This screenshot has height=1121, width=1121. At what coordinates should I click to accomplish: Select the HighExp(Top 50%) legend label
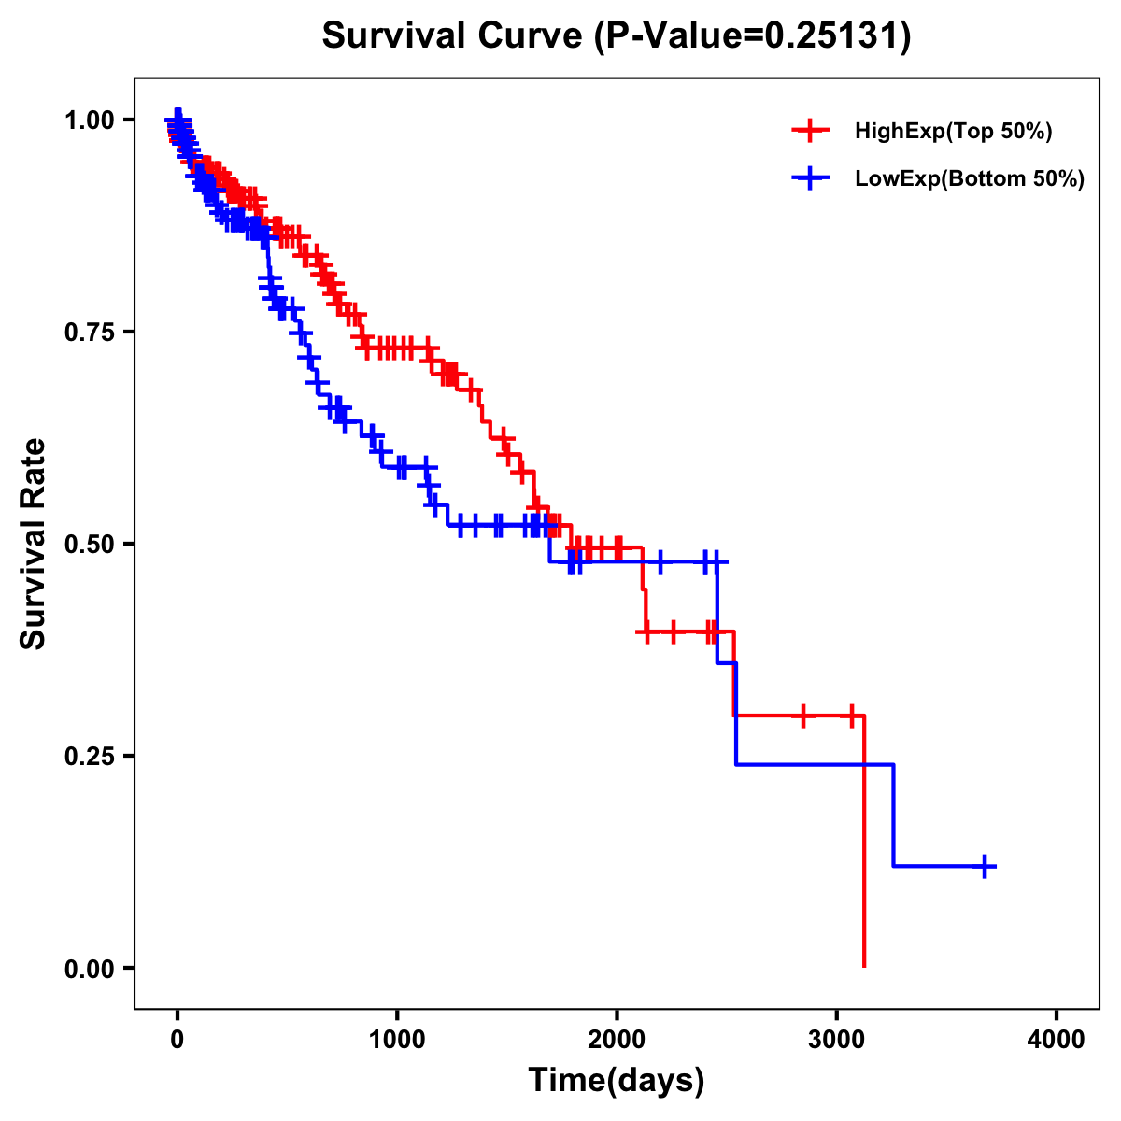(x=954, y=132)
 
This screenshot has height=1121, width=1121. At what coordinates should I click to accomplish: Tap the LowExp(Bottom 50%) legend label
(x=970, y=179)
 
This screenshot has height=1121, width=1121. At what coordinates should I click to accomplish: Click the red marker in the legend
(x=811, y=132)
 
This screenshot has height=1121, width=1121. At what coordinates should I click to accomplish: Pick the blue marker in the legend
(x=811, y=179)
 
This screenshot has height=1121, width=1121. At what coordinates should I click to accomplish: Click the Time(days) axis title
(x=617, y=1081)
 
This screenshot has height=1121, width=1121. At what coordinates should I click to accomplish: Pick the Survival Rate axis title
(x=34, y=544)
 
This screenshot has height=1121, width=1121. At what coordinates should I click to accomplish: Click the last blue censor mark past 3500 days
(x=985, y=867)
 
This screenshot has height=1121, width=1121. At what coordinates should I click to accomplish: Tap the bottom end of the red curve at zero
(x=864, y=965)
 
